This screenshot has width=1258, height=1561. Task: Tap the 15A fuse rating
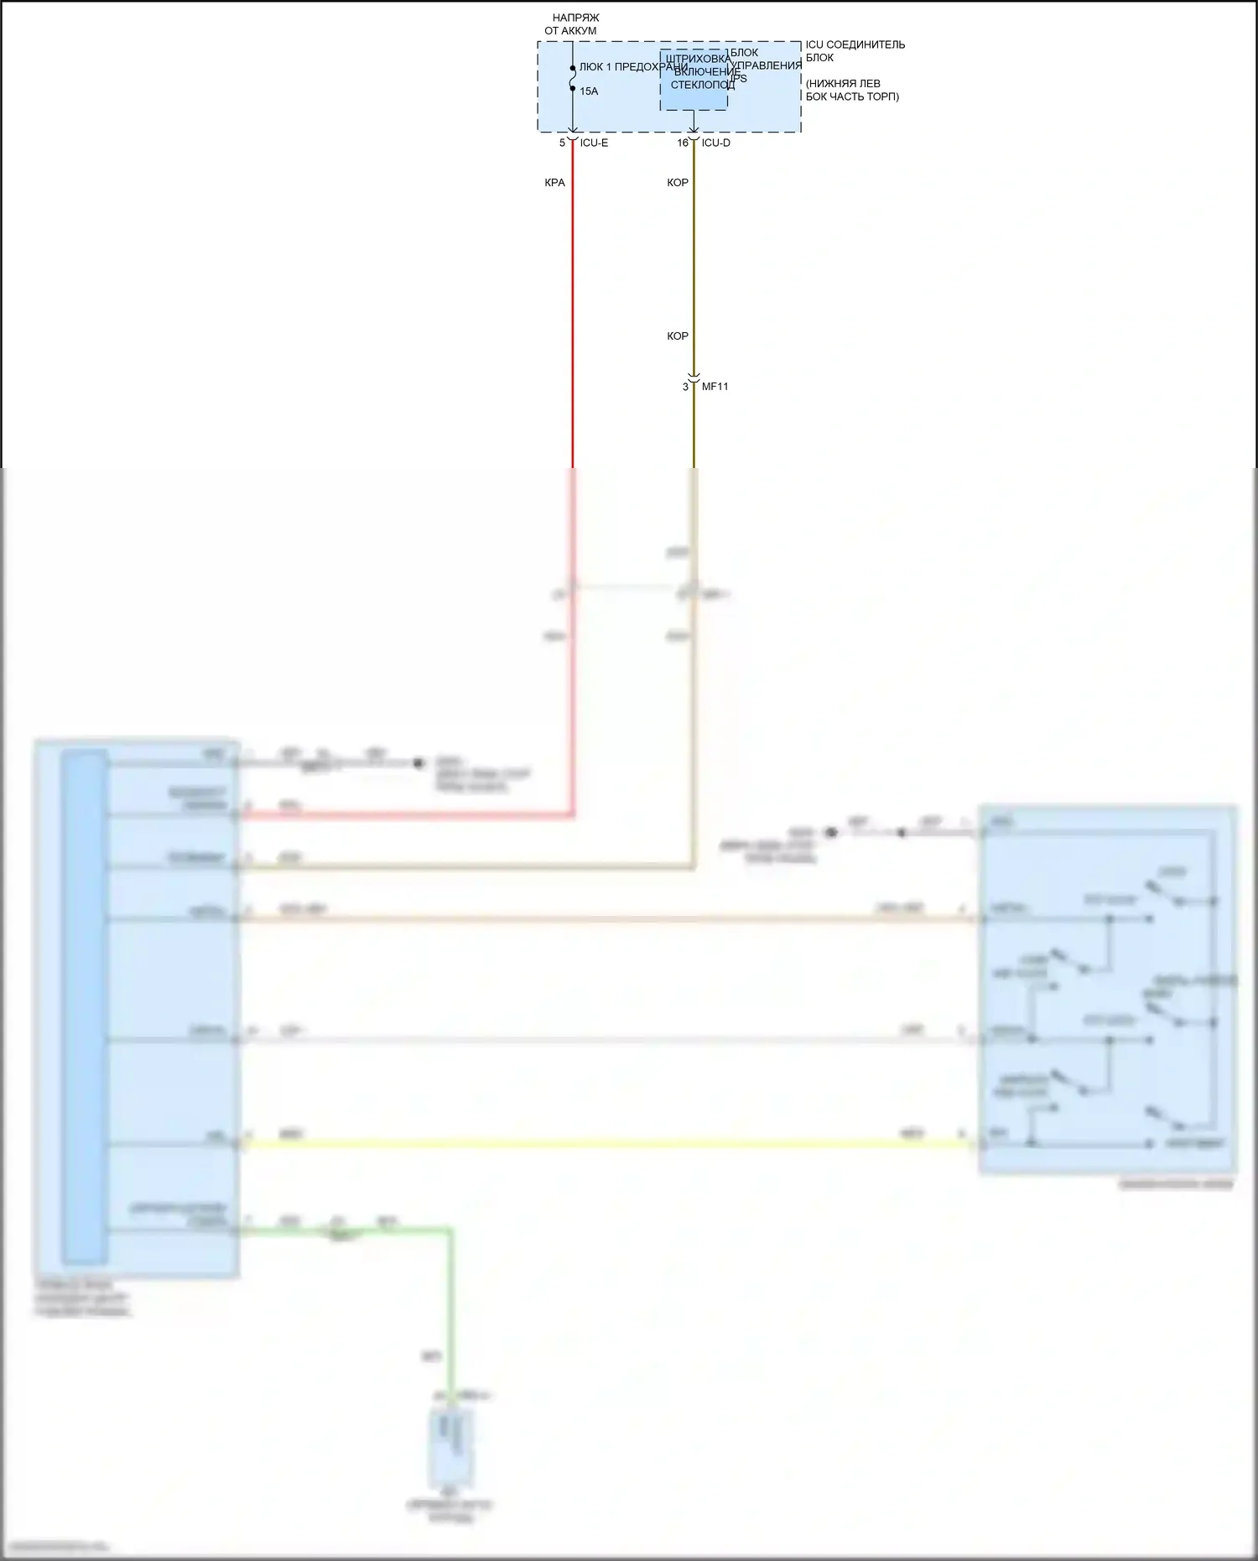coord(589,91)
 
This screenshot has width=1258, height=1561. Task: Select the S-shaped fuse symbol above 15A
coord(573,78)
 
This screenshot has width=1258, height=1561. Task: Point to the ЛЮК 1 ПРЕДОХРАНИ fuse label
coord(632,67)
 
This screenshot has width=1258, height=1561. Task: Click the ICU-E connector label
coord(594,143)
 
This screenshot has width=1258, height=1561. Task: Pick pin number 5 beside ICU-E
coord(563,143)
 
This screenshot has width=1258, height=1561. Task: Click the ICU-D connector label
coord(715,143)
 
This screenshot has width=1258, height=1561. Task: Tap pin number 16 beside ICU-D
coord(683,143)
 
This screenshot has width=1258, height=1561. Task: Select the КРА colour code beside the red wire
coord(554,183)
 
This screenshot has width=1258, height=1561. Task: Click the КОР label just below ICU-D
coord(678,183)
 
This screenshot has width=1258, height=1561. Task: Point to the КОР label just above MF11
coord(678,336)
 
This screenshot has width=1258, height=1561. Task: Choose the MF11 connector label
coord(715,387)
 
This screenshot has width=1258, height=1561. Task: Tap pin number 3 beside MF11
coord(685,387)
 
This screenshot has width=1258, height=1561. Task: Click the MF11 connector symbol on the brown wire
coord(694,378)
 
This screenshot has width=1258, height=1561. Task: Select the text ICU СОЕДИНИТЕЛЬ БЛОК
coord(855,51)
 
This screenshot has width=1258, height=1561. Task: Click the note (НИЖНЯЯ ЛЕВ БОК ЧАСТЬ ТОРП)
coord(851,90)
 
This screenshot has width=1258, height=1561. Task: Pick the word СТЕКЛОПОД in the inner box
coord(702,86)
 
